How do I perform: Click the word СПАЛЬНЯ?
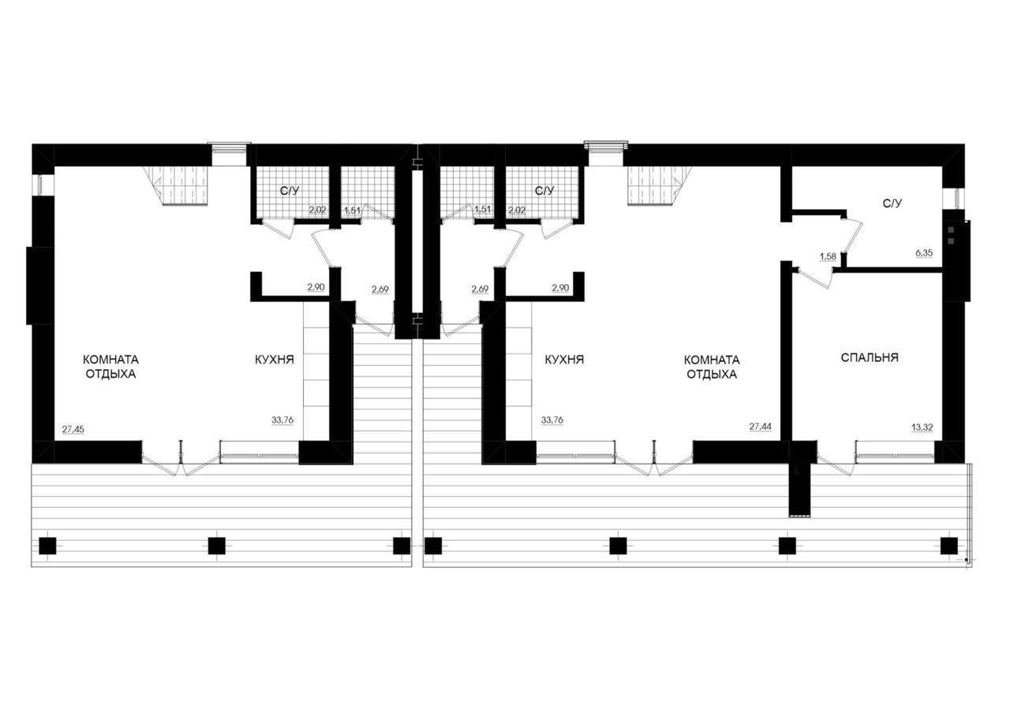click(x=869, y=357)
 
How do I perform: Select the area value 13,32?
click(x=923, y=427)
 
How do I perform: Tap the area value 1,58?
click(x=828, y=256)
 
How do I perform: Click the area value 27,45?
click(x=73, y=430)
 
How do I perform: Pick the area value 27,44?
click(x=761, y=427)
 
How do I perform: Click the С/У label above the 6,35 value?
click(x=892, y=203)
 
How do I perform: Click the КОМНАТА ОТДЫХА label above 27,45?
click(x=110, y=366)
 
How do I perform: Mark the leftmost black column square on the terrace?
click(x=47, y=545)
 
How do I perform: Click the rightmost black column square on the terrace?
click(x=949, y=545)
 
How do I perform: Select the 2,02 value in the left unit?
click(x=317, y=210)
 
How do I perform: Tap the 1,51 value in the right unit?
click(x=483, y=210)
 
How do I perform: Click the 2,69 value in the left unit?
click(x=380, y=289)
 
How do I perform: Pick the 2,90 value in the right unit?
click(x=560, y=289)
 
